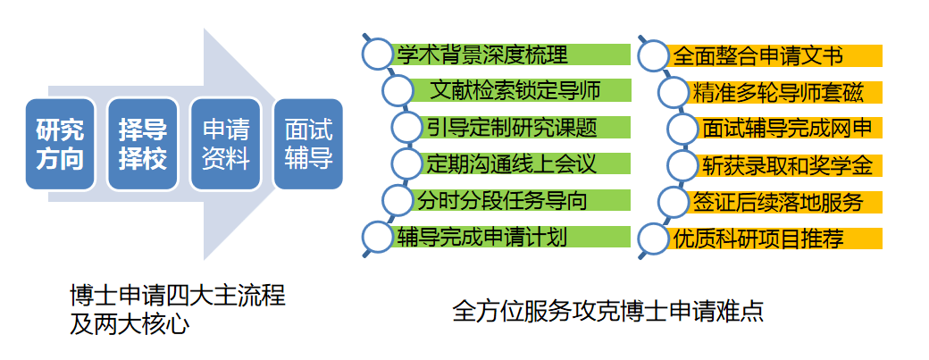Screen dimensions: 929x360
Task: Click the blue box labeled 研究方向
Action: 60,145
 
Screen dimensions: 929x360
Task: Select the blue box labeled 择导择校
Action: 142,145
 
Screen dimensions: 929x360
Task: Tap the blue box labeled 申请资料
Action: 225,145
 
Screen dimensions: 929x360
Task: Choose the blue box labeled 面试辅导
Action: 308,145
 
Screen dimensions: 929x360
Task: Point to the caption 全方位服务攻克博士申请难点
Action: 607,311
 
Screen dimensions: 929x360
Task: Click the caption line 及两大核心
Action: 130,325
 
